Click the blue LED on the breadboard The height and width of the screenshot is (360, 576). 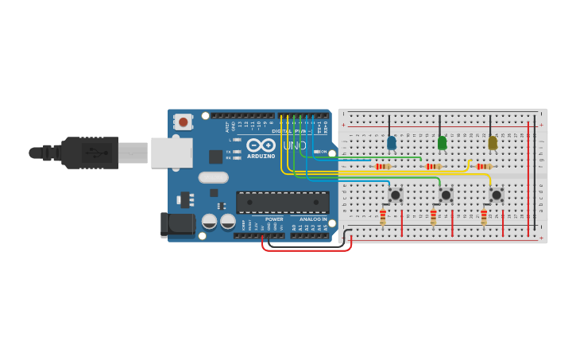pyautogui.click(x=391, y=143)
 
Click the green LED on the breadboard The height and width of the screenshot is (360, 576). pyautogui.click(x=442, y=143)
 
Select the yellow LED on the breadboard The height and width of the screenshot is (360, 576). pyautogui.click(x=493, y=143)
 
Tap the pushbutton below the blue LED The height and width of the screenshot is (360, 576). pyautogui.click(x=396, y=195)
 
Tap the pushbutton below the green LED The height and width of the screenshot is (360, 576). pyautogui.click(x=446, y=195)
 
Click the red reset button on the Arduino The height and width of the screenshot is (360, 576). pyautogui.click(x=184, y=122)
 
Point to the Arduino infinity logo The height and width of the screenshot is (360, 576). pyautogui.click(x=261, y=145)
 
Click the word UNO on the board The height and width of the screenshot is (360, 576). pyautogui.click(x=295, y=145)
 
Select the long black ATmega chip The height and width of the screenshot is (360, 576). pyautogui.click(x=283, y=203)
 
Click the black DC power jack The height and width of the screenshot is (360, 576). pyautogui.click(x=177, y=224)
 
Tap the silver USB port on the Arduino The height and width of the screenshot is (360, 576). pyautogui.click(x=172, y=153)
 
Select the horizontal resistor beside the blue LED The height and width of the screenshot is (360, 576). pyautogui.click(x=384, y=166)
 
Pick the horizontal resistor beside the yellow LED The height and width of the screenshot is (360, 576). pyautogui.click(x=485, y=166)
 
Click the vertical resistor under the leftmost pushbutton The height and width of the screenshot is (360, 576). pyautogui.click(x=383, y=217)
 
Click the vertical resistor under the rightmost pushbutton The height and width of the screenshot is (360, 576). pyautogui.click(x=484, y=217)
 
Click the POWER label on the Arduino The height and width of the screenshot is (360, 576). pyautogui.click(x=274, y=219)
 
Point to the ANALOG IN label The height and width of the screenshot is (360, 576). pyautogui.click(x=313, y=219)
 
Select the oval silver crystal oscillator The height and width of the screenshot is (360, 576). pyautogui.click(x=213, y=177)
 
